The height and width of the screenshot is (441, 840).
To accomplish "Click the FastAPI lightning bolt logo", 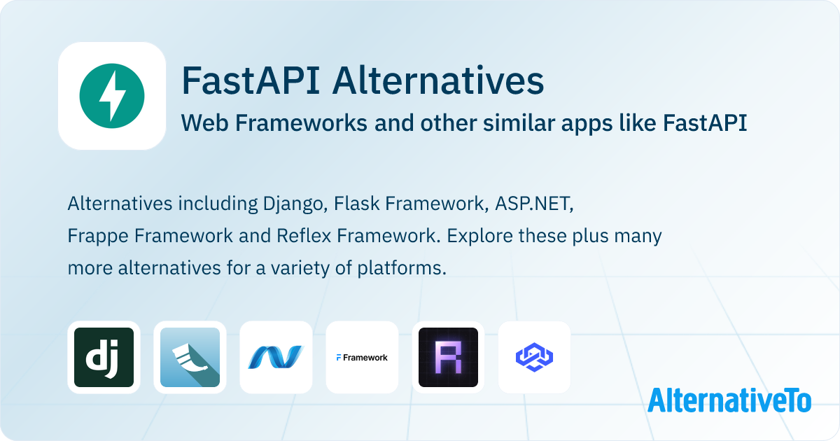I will (112, 96).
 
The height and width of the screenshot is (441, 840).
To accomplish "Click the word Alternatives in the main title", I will (438, 81).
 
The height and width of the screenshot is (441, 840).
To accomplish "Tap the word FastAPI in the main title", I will (251, 81).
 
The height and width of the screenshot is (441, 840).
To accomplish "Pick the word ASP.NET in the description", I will (534, 204).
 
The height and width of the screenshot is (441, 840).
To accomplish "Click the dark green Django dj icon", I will (104, 357).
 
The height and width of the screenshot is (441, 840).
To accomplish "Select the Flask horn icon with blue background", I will (190, 357).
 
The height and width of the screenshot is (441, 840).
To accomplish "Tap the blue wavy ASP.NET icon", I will (276, 357).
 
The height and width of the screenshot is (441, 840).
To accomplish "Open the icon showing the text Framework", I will (362, 357).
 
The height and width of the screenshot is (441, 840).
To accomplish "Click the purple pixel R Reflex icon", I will (448, 357).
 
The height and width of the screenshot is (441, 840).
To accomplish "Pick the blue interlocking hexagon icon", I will (534, 357).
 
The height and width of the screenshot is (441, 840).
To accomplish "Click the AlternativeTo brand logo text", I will (729, 400).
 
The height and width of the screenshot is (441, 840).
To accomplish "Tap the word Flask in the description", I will (354, 204).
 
